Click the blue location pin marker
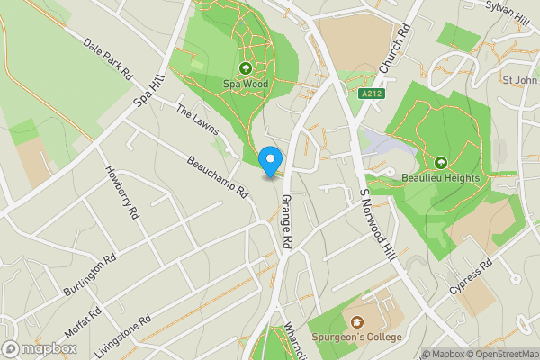tap(269, 161)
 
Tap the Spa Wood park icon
tap(246, 67)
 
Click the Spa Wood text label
tap(246, 84)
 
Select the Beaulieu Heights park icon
tap(441, 162)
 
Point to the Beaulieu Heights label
tap(441, 178)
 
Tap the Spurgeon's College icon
tap(357, 321)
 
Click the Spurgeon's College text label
tap(357, 337)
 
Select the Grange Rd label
tap(286, 221)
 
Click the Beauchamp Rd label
tap(218, 177)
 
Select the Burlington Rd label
tap(91, 275)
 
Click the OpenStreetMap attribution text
tap(502, 354)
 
